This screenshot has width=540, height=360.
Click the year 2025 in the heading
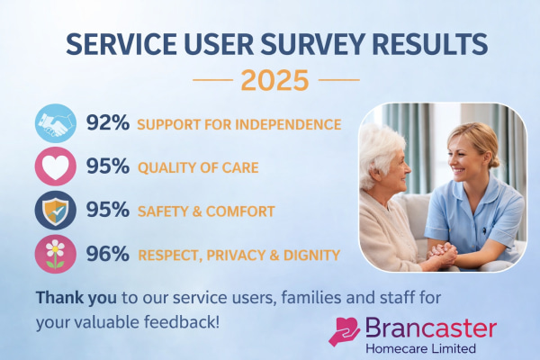(274, 79)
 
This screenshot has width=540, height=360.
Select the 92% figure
(107, 123)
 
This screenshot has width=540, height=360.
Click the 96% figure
(107, 255)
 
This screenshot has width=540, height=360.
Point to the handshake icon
(55, 123)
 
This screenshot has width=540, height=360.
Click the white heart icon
(55, 167)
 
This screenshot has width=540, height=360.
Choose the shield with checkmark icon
(55, 211)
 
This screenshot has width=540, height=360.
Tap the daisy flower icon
(55, 255)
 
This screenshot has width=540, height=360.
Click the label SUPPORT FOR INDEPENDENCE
(238, 124)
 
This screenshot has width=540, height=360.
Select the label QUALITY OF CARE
(197, 167)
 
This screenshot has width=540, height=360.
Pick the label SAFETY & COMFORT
(205, 211)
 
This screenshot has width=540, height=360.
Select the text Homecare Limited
(416, 347)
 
